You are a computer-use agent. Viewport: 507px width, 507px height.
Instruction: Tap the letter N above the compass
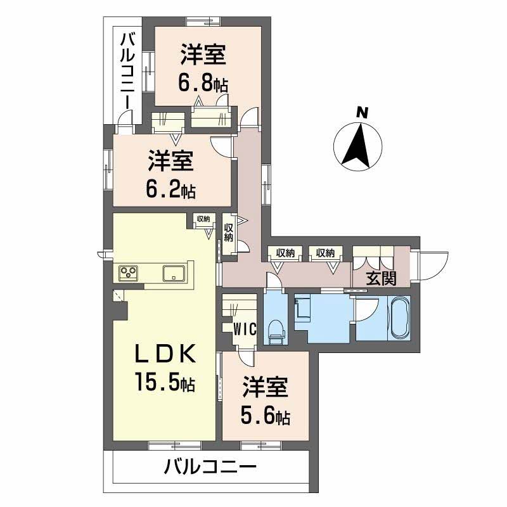click(361, 113)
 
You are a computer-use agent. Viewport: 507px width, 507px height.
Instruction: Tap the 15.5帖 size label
click(164, 382)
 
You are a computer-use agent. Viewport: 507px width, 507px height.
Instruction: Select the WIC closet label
click(244, 329)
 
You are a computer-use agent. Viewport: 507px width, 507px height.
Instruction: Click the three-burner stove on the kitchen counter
click(130, 273)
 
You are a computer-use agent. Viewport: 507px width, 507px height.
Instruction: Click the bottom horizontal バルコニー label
click(210, 470)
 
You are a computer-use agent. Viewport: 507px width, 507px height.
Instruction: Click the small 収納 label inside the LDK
click(203, 219)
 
